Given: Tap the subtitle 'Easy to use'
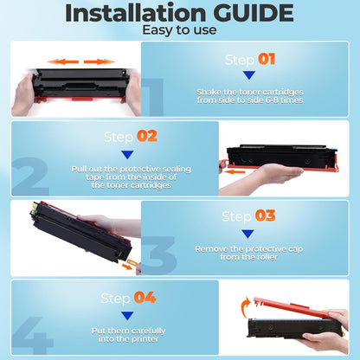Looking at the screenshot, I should click(x=180, y=31).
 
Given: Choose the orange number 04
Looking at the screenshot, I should click(x=144, y=298).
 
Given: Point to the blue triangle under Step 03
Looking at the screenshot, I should click(x=247, y=233).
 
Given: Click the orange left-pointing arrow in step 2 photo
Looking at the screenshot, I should click(x=238, y=170).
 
